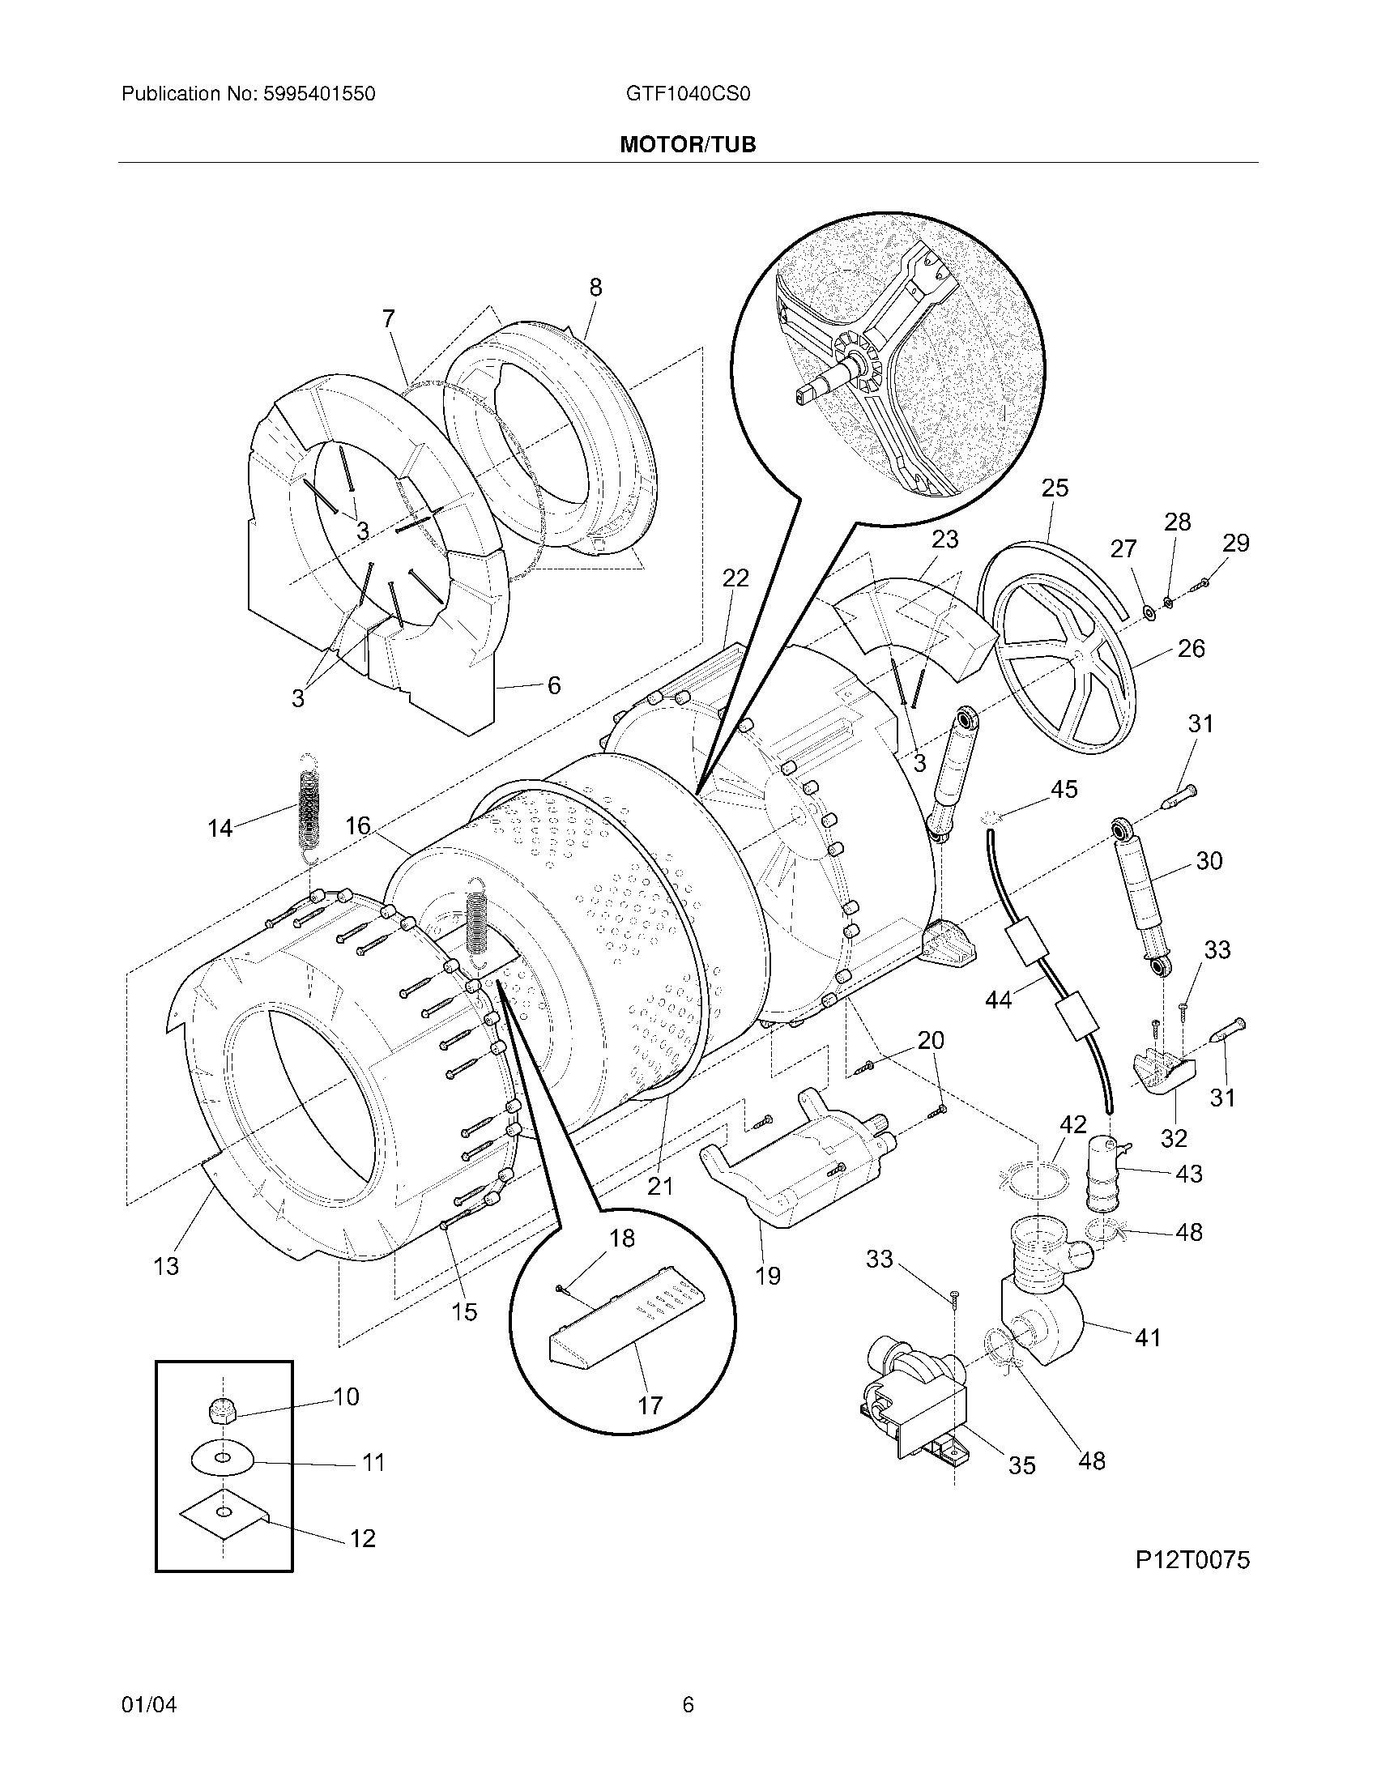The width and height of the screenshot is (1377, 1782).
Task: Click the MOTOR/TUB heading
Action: point(688,144)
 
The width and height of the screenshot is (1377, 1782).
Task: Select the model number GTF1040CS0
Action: point(688,94)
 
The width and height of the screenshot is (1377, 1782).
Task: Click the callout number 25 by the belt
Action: point(1055,488)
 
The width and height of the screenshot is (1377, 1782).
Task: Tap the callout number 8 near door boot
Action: point(595,288)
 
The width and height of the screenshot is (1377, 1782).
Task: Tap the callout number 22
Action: point(735,578)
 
